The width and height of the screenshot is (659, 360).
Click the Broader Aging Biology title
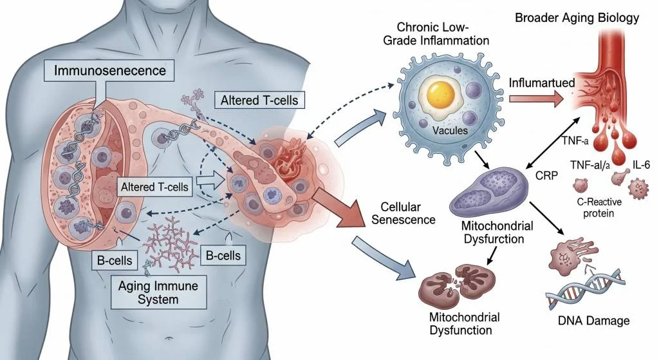coord(577,17)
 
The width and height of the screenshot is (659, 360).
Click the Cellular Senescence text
coord(399,213)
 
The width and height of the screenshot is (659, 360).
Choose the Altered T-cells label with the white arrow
coord(154,187)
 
